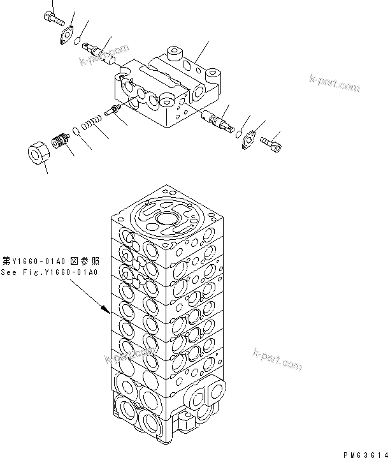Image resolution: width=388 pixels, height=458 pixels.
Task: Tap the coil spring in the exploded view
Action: point(92,123)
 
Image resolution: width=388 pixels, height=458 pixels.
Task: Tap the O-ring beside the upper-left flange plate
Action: point(76,43)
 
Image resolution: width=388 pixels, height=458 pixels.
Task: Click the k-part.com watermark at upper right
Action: point(334,83)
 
